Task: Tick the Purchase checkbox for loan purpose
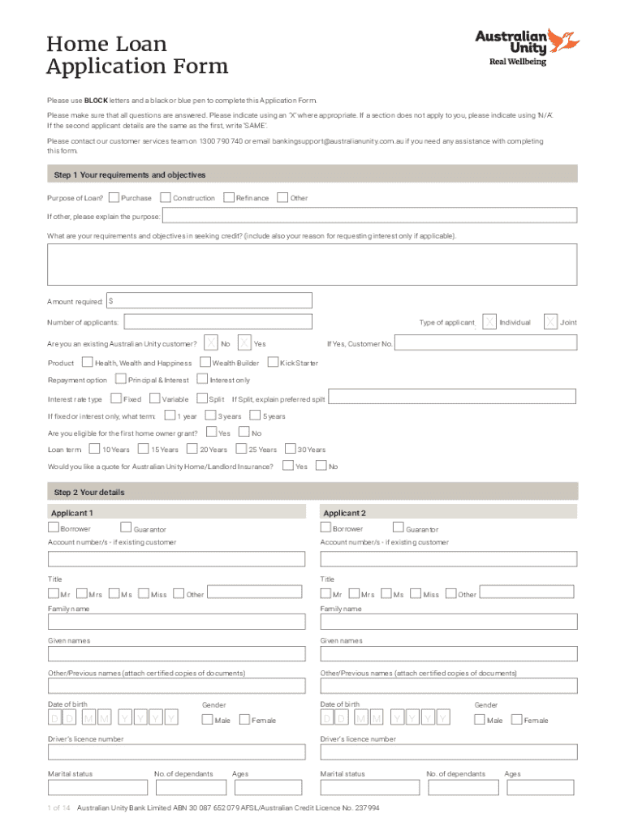coord(114,197)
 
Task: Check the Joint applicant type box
coord(551,322)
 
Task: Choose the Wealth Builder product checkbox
coord(205,362)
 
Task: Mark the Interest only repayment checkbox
coord(203,379)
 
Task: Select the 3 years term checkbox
coord(212,415)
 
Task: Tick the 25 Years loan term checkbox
coord(241,449)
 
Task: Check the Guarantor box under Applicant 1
coord(126,528)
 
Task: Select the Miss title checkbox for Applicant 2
coord(416,594)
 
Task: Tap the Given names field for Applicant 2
coord(448,654)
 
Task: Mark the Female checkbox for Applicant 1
coord(244,719)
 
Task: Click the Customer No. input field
coord(486,343)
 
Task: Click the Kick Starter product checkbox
coord(273,362)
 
